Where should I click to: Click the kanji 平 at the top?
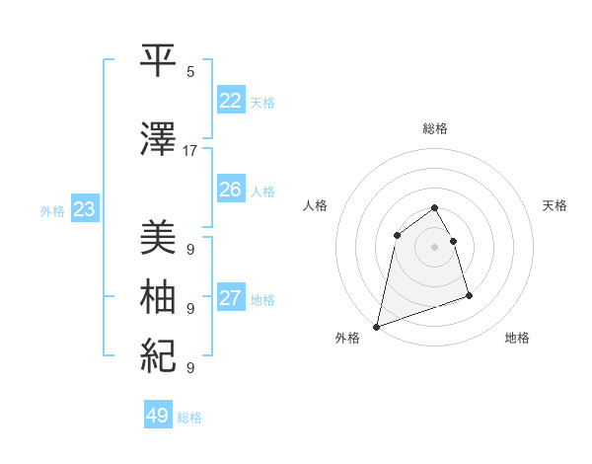[x=159, y=59]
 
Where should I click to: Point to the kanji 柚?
[x=159, y=296]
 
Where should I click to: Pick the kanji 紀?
[x=159, y=353]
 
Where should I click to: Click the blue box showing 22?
[x=231, y=101]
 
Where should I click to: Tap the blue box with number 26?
[x=231, y=190]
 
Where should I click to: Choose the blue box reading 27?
[x=231, y=298]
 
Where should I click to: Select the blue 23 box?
[x=84, y=209]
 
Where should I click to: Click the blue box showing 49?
[x=158, y=416]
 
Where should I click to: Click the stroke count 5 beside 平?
[x=190, y=72]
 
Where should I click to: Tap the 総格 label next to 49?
[x=189, y=418]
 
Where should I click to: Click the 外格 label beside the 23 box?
[x=52, y=210]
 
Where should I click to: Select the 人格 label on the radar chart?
[x=316, y=205]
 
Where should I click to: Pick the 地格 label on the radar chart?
[x=517, y=338]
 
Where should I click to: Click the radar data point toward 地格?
[x=469, y=295]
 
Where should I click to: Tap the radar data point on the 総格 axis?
[x=434, y=208]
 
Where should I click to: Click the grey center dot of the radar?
[x=434, y=246]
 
